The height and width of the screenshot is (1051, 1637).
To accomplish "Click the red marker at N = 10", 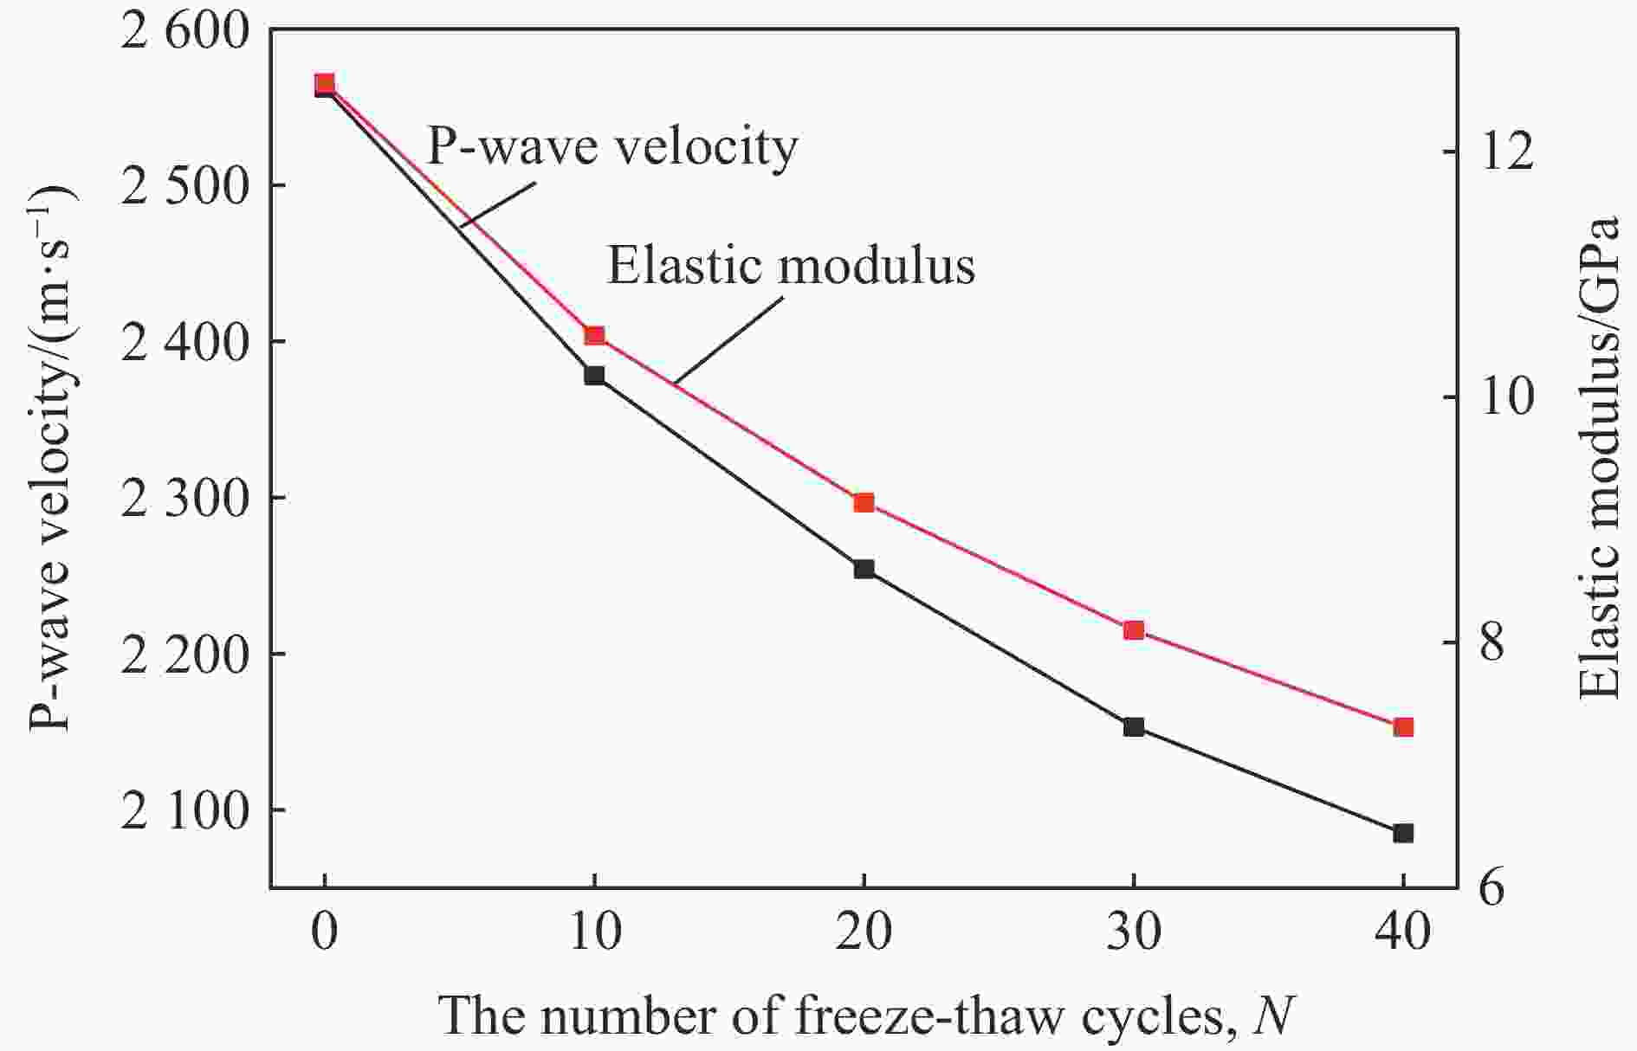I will tap(594, 336).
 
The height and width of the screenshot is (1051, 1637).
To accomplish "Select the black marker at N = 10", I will tap(594, 376).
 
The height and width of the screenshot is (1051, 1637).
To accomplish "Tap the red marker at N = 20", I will tap(864, 503).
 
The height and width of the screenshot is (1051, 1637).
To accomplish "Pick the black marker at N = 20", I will tap(864, 569).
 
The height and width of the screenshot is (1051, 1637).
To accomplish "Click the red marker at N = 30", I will tap(1134, 630).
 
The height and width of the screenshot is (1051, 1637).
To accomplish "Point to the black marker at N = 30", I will tap(1134, 727).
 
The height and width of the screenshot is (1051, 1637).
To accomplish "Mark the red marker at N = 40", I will tap(1403, 727).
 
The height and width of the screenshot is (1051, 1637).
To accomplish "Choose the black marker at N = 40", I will tap(1403, 833).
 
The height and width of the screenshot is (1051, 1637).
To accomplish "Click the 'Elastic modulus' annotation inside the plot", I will tap(791, 266).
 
